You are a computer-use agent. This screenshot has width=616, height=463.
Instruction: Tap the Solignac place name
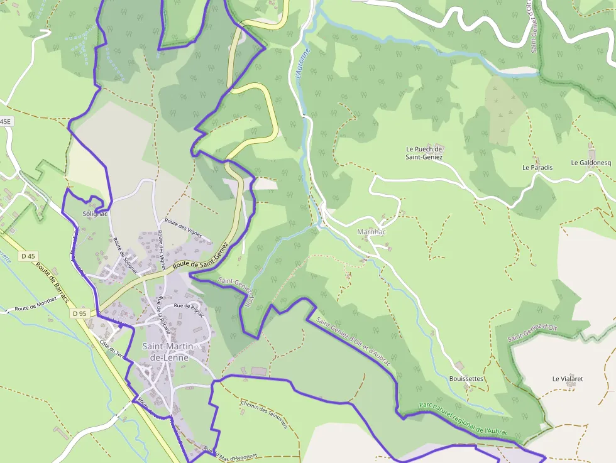pyautogui.click(x=96, y=214)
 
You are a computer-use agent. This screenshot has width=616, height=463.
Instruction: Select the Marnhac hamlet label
pyautogui.click(x=371, y=232)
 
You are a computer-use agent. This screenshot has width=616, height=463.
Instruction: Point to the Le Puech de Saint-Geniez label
pyautogui.click(x=424, y=153)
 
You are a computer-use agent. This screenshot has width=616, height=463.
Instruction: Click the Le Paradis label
pyautogui.click(x=537, y=168)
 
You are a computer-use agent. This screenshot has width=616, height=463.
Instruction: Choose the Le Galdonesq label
pyautogui.click(x=591, y=163)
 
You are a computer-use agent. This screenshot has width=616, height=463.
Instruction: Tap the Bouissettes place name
pyautogui.click(x=466, y=379)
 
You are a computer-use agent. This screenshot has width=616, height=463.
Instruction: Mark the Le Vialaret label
pyautogui.click(x=568, y=379)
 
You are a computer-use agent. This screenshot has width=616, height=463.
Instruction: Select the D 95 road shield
pyautogui.click(x=79, y=313)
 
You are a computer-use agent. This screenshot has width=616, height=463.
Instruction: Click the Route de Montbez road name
pyautogui.click(x=36, y=308)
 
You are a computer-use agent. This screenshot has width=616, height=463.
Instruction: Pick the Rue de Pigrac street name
pyautogui.click(x=190, y=306)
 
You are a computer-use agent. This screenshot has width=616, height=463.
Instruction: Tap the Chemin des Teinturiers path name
pyautogui.click(x=264, y=414)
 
